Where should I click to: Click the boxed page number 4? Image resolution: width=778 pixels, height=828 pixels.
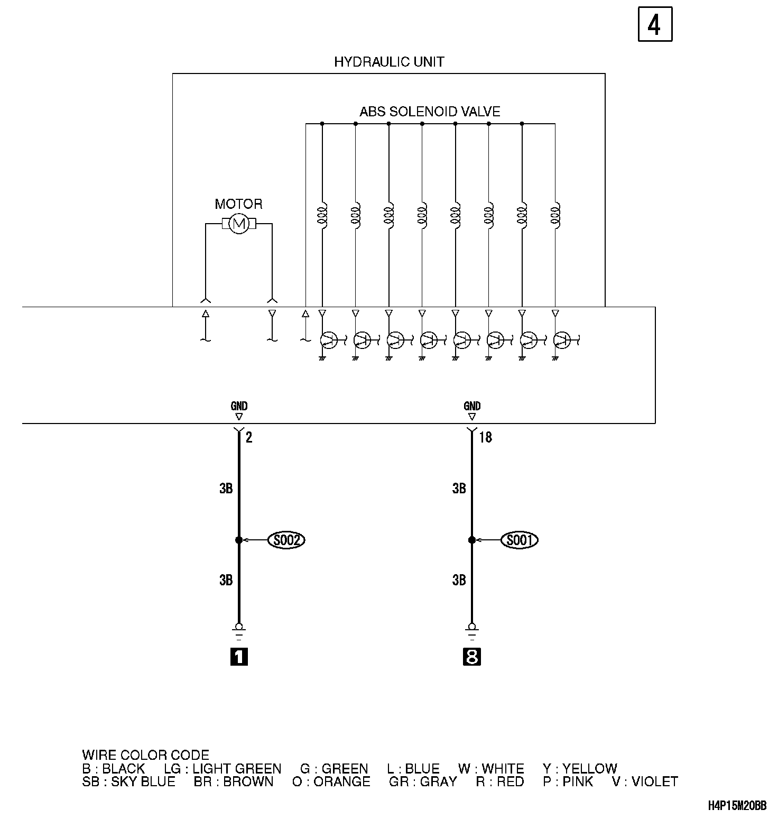(655, 24)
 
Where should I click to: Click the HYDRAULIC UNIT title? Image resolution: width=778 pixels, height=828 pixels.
(389, 62)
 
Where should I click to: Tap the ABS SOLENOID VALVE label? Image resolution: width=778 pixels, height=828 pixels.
(430, 112)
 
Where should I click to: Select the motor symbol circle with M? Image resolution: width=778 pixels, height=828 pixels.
(239, 224)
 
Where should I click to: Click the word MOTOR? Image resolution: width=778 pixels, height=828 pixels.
(238, 204)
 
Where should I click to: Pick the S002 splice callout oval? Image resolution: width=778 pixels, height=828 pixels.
(287, 540)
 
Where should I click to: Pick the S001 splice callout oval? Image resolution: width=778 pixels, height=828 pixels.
(520, 540)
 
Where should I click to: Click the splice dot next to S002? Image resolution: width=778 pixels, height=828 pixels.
(239, 540)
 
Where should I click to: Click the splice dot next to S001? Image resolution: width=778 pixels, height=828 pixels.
(472, 540)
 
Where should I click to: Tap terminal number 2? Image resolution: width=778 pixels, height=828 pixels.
(249, 438)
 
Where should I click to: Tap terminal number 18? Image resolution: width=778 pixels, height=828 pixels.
(485, 438)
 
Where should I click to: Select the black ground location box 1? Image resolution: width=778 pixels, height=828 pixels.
(239, 657)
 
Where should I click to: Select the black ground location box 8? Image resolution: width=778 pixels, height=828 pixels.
(472, 657)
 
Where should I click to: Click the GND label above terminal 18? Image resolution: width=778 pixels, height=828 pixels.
(472, 406)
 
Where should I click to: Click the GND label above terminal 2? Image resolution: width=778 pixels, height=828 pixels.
(239, 406)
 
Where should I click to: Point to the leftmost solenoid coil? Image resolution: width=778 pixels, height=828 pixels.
(322, 215)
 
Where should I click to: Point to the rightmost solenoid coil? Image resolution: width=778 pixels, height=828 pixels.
(555, 215)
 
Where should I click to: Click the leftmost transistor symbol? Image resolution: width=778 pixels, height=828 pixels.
(328, 340)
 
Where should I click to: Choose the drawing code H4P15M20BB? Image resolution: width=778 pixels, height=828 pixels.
(737, 806)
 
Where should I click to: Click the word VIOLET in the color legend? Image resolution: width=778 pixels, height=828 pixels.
(654, 781)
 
